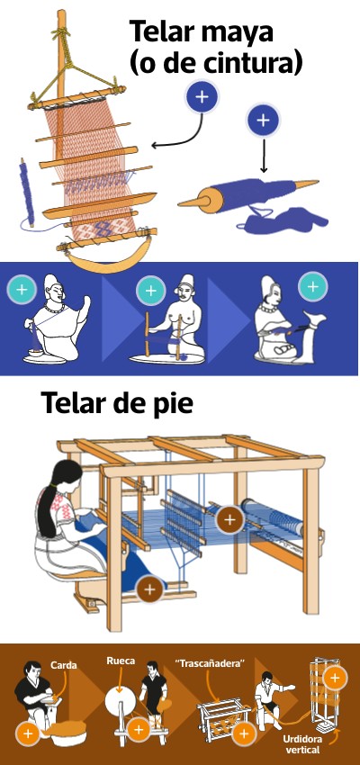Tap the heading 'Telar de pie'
click(x=117, y=403)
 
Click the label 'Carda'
click(x=63, y=665)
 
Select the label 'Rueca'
click(x=121, y=661)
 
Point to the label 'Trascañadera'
click(x=210, y=663)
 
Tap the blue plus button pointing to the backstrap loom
click(x=202, y=97)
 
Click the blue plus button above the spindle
click(x=264, y=120)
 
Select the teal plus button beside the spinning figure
click(x=22, y=290)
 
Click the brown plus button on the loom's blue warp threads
click(x=229, y=519)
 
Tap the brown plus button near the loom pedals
click(x=150, y=589)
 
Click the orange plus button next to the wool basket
click(x=28, y=733)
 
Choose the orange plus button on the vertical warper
click(x=335, y=678)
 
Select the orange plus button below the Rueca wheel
click(x=139, y=730)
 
